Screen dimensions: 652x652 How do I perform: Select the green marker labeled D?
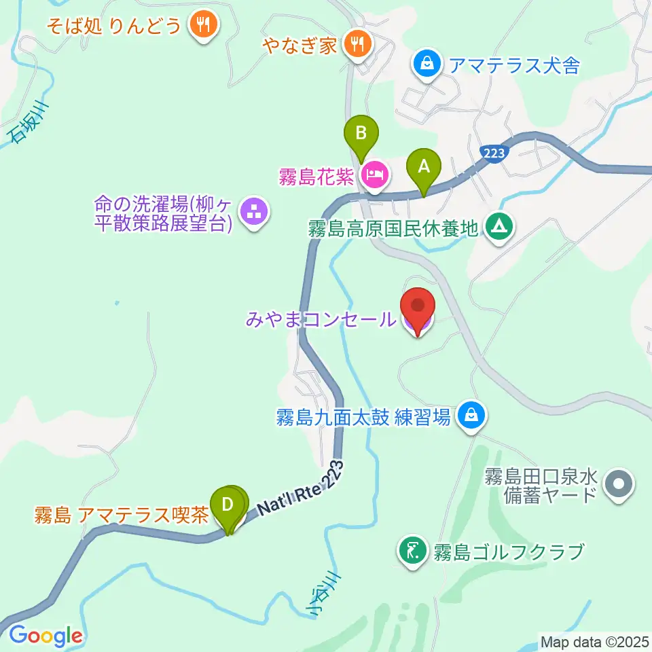228,505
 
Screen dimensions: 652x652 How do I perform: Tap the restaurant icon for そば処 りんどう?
202,26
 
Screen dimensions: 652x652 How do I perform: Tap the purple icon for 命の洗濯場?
255,214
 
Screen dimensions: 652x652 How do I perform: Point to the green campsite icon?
499,225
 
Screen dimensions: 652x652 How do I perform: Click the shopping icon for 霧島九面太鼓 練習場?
470,415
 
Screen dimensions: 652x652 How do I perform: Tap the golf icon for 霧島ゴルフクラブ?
412,549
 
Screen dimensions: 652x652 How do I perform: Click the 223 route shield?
494,153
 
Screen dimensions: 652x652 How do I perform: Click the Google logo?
46,636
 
